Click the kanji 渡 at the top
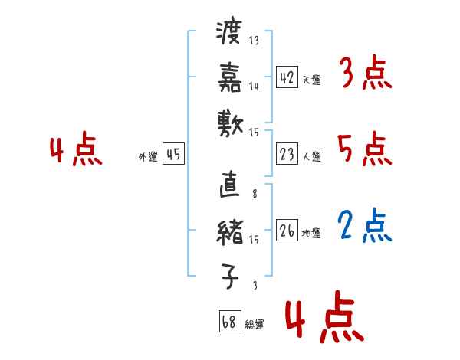[x=230, y=34]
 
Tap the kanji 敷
[x=230, y=123]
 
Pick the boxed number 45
[x=173, y=155]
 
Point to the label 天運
[x=311, y=80]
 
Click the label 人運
[x=311, y=157]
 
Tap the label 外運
[x=147, y=157]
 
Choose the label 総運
[x=254, y=325]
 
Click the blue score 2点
[x=366, y=226]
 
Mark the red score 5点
[x=365, y=149]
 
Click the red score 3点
[x=365, y=74]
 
